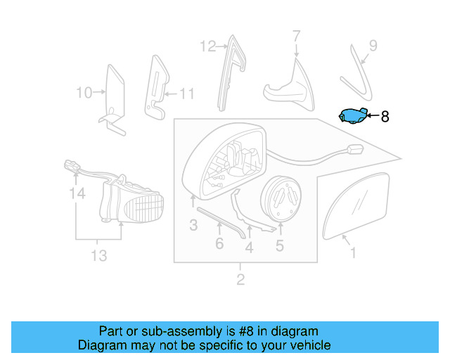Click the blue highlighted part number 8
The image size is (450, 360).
tap(352, 116)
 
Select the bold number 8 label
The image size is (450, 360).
tap(384, 117)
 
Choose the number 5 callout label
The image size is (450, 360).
tap(279, 245)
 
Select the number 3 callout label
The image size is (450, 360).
tap(193, 225)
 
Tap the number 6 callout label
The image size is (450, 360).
tap(219, 243)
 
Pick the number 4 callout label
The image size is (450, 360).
tap(249, 247)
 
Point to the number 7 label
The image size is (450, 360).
tap(296, 36)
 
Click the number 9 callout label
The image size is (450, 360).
tap(373, 46)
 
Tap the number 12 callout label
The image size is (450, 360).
tap(207, 46)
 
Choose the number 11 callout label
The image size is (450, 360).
tap(186, 93)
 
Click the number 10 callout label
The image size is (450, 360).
tap(84, 92)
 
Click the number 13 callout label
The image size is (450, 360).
tap(98, 255)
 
